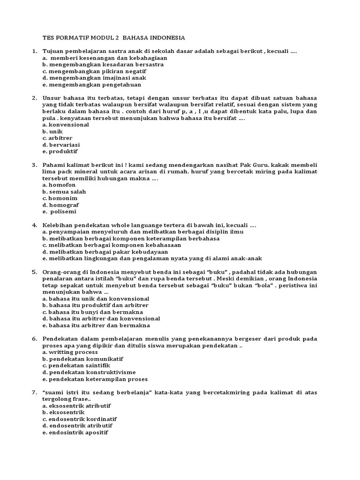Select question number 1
(35, 51)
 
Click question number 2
(35, 98)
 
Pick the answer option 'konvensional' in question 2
(66, 125)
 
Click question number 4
(35, 225)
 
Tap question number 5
(35, 272)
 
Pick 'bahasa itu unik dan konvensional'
(96, 299)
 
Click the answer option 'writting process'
(70, 352)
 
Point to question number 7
(35, 392)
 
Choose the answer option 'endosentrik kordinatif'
(80, 419)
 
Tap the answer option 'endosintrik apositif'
(75, 433)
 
